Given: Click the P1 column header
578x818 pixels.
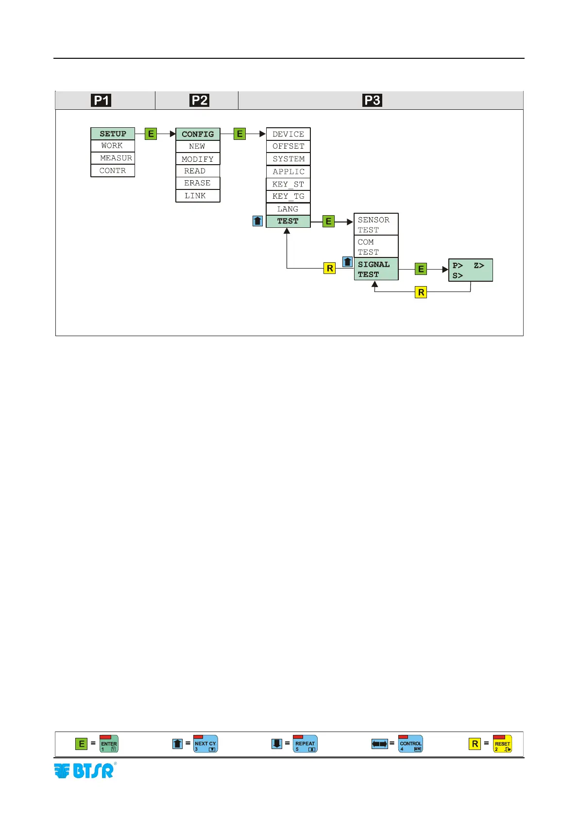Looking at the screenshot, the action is pos(101,101).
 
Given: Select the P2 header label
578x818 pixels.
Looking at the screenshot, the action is pos(200,101).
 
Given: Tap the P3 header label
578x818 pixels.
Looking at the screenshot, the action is pos(373,101).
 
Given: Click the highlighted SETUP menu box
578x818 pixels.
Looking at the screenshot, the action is pos(113,134).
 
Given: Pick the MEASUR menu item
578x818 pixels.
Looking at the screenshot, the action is pos(113,158).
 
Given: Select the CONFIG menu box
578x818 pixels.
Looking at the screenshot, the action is pos(198,134).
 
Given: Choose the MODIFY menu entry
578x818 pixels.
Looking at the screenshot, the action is pos(198,159).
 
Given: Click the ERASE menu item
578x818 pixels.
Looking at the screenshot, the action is pos(198,183).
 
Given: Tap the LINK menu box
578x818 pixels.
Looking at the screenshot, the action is pos(198,196).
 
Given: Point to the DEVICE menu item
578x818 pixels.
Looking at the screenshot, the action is pos(288,134).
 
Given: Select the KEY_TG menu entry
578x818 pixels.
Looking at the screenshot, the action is pos(288,196).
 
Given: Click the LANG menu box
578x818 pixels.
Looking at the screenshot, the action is pos(288,209).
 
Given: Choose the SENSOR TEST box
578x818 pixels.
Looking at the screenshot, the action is pos(376,224).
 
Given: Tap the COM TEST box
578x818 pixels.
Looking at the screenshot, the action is pos(376,247).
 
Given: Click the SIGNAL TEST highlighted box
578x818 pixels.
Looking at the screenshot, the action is pos(376,269).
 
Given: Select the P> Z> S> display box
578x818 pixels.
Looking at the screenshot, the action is pos(470,270).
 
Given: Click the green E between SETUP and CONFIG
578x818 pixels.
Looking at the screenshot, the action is pos(151,134).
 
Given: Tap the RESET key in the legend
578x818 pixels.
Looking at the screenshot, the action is pos(502,744).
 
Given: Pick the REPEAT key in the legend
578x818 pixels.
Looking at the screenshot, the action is pos(305,744).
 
